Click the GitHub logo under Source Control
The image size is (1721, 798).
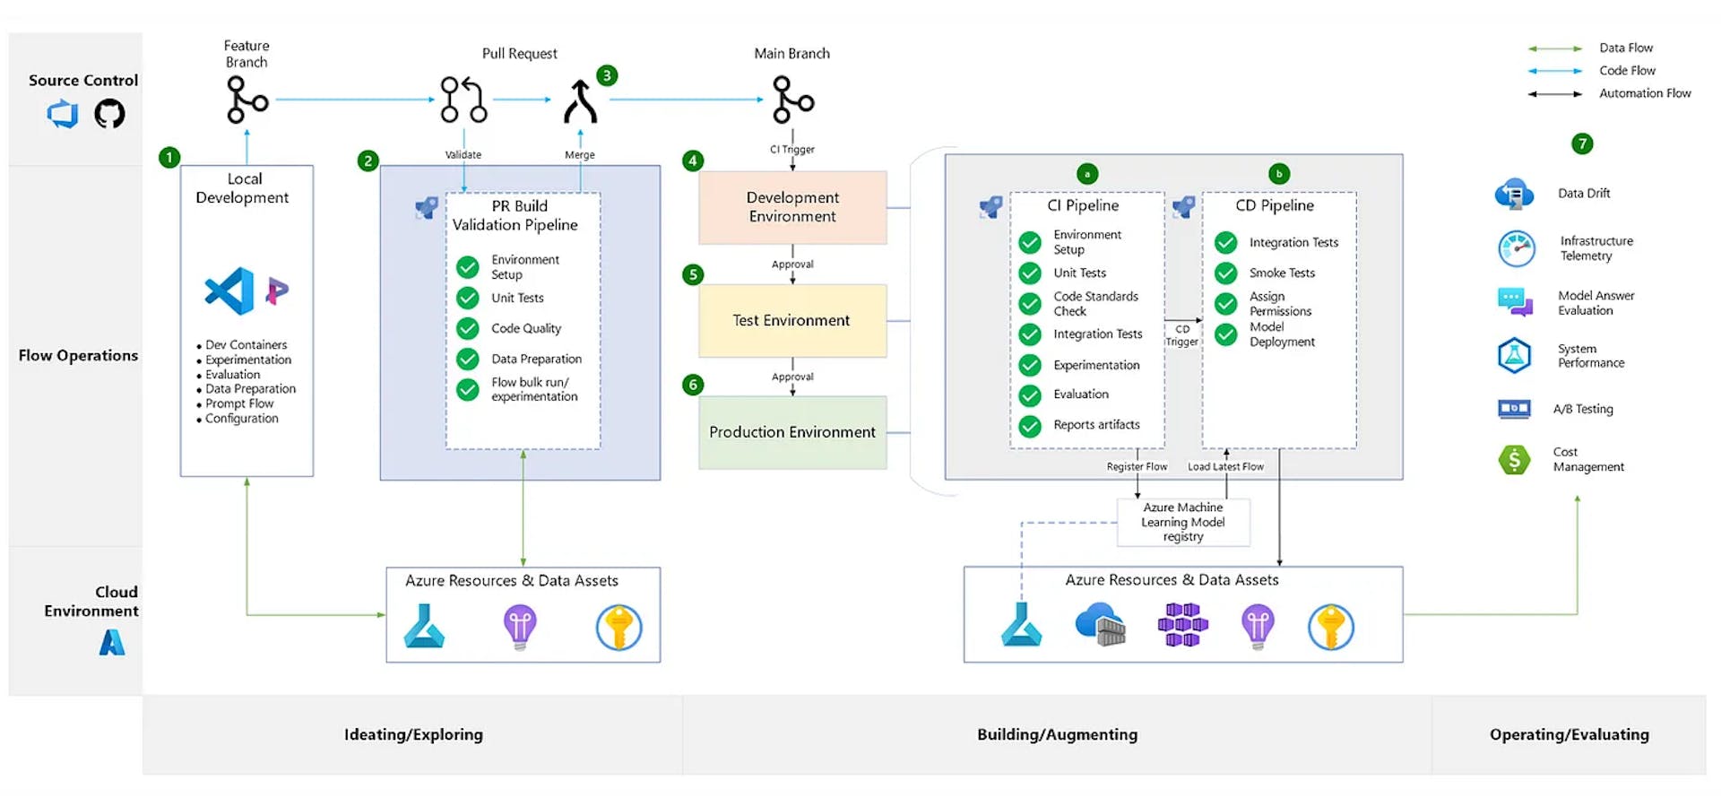[109, 114]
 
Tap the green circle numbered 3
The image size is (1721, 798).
[607, 75]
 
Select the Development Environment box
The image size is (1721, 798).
[792, 207]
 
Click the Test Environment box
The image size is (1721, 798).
[792, 320]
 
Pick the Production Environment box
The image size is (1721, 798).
[792, 432]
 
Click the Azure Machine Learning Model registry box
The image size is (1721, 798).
[1182, 522]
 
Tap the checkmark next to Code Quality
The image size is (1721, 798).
[468, 328]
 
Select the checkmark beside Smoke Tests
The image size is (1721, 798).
[1225, 273]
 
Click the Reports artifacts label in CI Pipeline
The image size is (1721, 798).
[1096, 425]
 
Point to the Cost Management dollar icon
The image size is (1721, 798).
[1514, 460]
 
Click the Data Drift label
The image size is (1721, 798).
[1583, 194]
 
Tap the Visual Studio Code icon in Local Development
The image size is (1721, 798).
[229, 291]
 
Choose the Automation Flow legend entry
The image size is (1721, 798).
[1644, 93]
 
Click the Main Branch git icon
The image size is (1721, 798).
[792, 100]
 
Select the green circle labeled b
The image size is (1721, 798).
[1278, 174]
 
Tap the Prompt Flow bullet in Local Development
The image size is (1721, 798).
[238, 404]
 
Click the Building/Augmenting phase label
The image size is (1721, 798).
[1057, 734]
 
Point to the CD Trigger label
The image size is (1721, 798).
[1181, 335]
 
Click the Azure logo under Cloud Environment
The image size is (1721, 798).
[112, 642]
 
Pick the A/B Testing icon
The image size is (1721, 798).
[1514, 409]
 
